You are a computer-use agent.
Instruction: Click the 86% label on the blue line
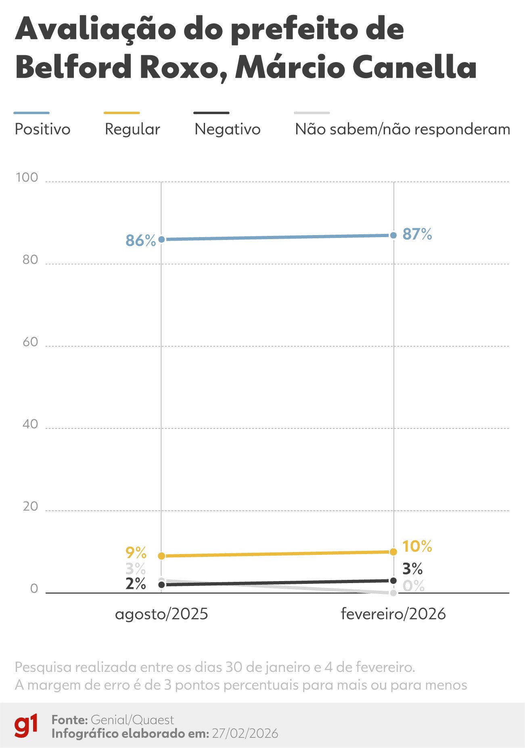pyautogui.click(x=140, y=241)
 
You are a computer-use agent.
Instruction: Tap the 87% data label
pyautogui.click(x=417, y=234)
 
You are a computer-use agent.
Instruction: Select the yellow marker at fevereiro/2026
pyautogui.click(x=393, y=552)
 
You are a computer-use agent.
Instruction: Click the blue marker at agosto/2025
pyautogui.click(x=161, y=240)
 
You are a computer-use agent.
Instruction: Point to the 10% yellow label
pyautogui.click(x=417, y=547)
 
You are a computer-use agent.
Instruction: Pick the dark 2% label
pyautogui.click(x=136, y=584)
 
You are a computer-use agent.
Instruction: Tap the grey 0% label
pyautogui.click(x=414, y=586)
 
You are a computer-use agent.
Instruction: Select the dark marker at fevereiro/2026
pyautogui.click(x=393, y=581)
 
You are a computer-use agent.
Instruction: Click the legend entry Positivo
pyautogui.click(x=42, y=129)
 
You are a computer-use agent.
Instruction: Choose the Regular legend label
pyautogui.click(x=132, y=129)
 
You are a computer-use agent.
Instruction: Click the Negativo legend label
pyautogui.click(x=228, y=129)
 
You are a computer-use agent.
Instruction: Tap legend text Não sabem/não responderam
pyautogui.click(x=402, y=129)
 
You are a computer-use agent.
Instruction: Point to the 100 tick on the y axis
pyautogui.click(x=27, y=177)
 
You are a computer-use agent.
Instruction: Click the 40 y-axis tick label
pyautogui.click(x=30, y=424)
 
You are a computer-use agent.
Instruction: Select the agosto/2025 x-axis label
pyautogui.click(x=161, y=614)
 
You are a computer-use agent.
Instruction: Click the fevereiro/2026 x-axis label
pyautogui.click(x=393, y=614)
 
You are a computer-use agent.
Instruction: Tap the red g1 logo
pyautogui.click(x=26, y=726)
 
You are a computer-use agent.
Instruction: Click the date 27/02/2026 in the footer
pyautogui.click(x=245, y=733)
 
